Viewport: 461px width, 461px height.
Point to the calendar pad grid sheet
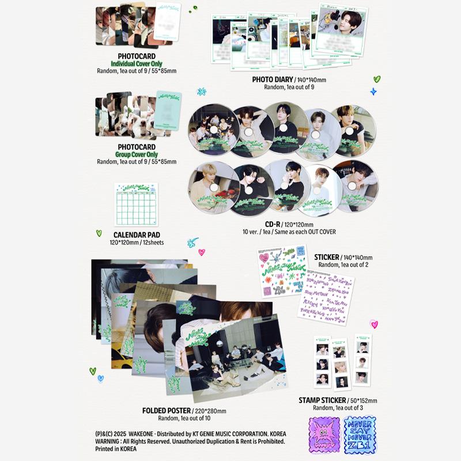(x=136, y=205)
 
